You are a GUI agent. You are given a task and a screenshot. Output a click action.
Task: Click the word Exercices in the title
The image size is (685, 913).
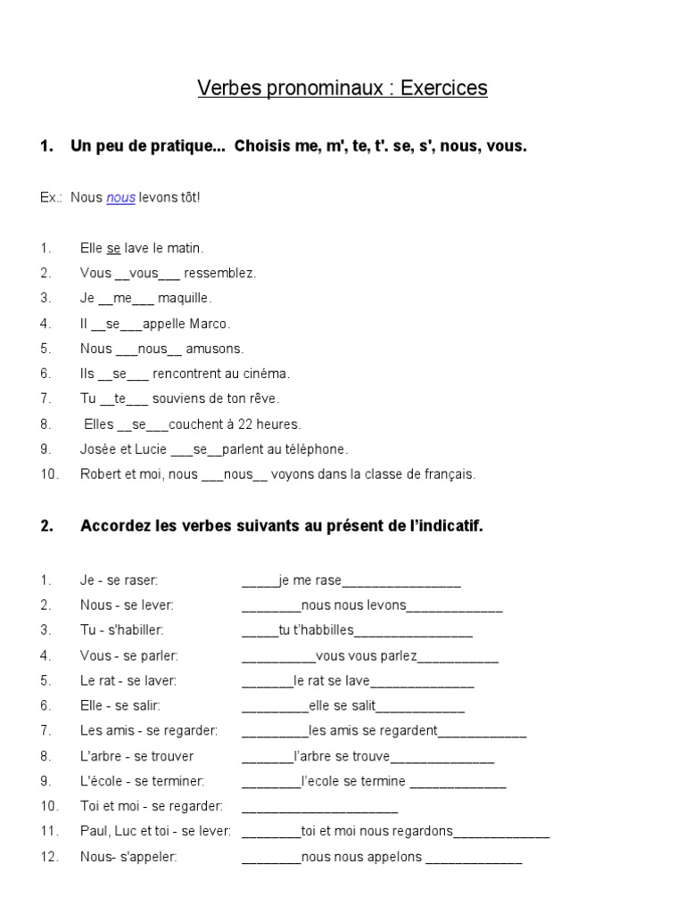(443, 88)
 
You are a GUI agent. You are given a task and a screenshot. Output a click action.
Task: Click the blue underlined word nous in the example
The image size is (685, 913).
(120, 198)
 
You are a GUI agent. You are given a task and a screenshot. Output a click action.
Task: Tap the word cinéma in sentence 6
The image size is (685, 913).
(268, 374)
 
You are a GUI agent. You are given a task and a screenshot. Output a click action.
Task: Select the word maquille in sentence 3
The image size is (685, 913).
(185, 298)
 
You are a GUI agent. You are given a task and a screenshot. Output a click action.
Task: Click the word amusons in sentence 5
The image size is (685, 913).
(214, 349)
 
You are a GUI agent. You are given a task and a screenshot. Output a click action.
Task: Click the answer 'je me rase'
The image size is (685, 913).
(310, 581)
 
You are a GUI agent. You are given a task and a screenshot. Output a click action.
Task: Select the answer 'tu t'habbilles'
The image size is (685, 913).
(317, 631)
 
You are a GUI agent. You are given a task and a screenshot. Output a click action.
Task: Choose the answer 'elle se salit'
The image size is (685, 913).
(342, 706)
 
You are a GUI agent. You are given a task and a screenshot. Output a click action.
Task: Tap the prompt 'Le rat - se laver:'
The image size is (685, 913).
(128, 681)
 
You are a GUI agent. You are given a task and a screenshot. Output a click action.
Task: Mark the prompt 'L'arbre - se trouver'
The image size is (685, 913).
(136, 756)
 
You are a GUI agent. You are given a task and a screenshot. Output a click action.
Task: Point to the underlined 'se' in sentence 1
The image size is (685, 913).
(113, 248)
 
